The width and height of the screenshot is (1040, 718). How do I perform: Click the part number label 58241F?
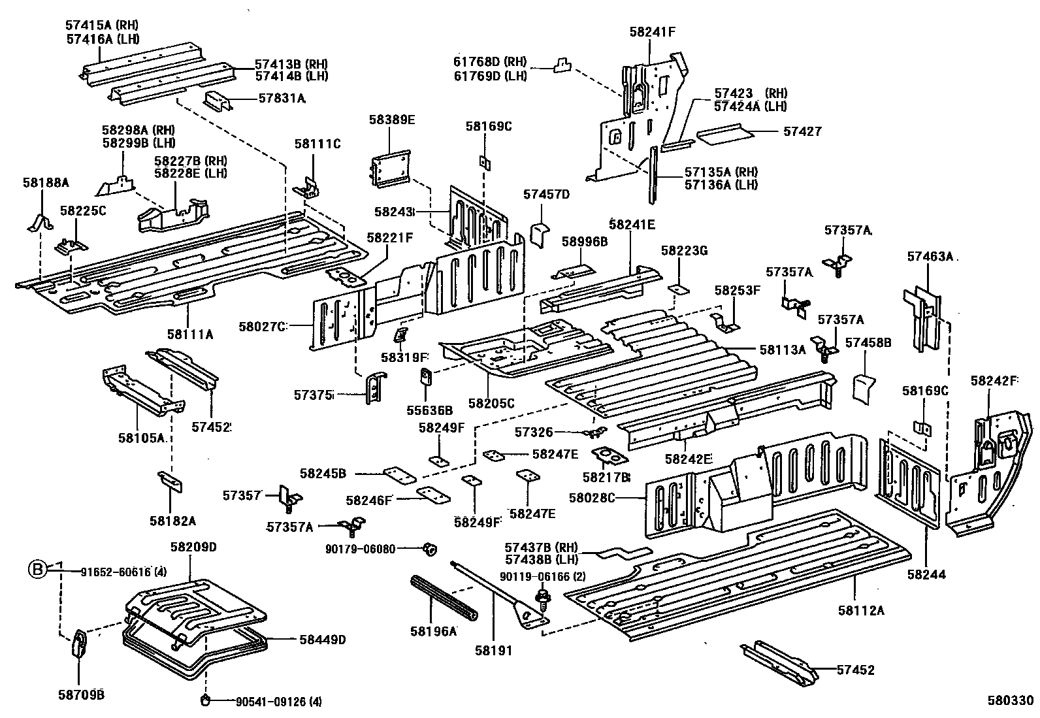pyautogui.click(x=651, y=31)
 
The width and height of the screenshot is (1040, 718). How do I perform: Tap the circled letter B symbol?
pyautogui.click(x=37, y=570)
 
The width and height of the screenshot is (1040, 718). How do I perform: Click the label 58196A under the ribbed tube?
pyautogui.click(x=433, y=631)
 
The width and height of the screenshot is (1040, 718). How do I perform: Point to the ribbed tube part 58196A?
pyautogui.click(x=444, y=598)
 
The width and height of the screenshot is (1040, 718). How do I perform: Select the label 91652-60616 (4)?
pyautogui.click(x=124, y=572)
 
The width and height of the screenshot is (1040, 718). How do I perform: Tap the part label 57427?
pyautogui.click(x=802, y=131)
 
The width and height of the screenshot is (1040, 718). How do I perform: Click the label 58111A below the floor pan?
pyautogui.click(x=189, y=335)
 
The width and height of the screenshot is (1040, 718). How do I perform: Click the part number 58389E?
pyautogui.click(x=391, y=120)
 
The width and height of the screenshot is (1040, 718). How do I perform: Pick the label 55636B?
pyautogui.click(x=429, y=410)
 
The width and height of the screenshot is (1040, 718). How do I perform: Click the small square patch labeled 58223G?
pyautogui.click(x=679, y=288)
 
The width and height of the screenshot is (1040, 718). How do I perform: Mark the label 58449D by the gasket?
pyautogui.click(x=322, y=640)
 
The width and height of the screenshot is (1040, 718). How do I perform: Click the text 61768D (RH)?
pyautogui.click(x=490, y=62)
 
